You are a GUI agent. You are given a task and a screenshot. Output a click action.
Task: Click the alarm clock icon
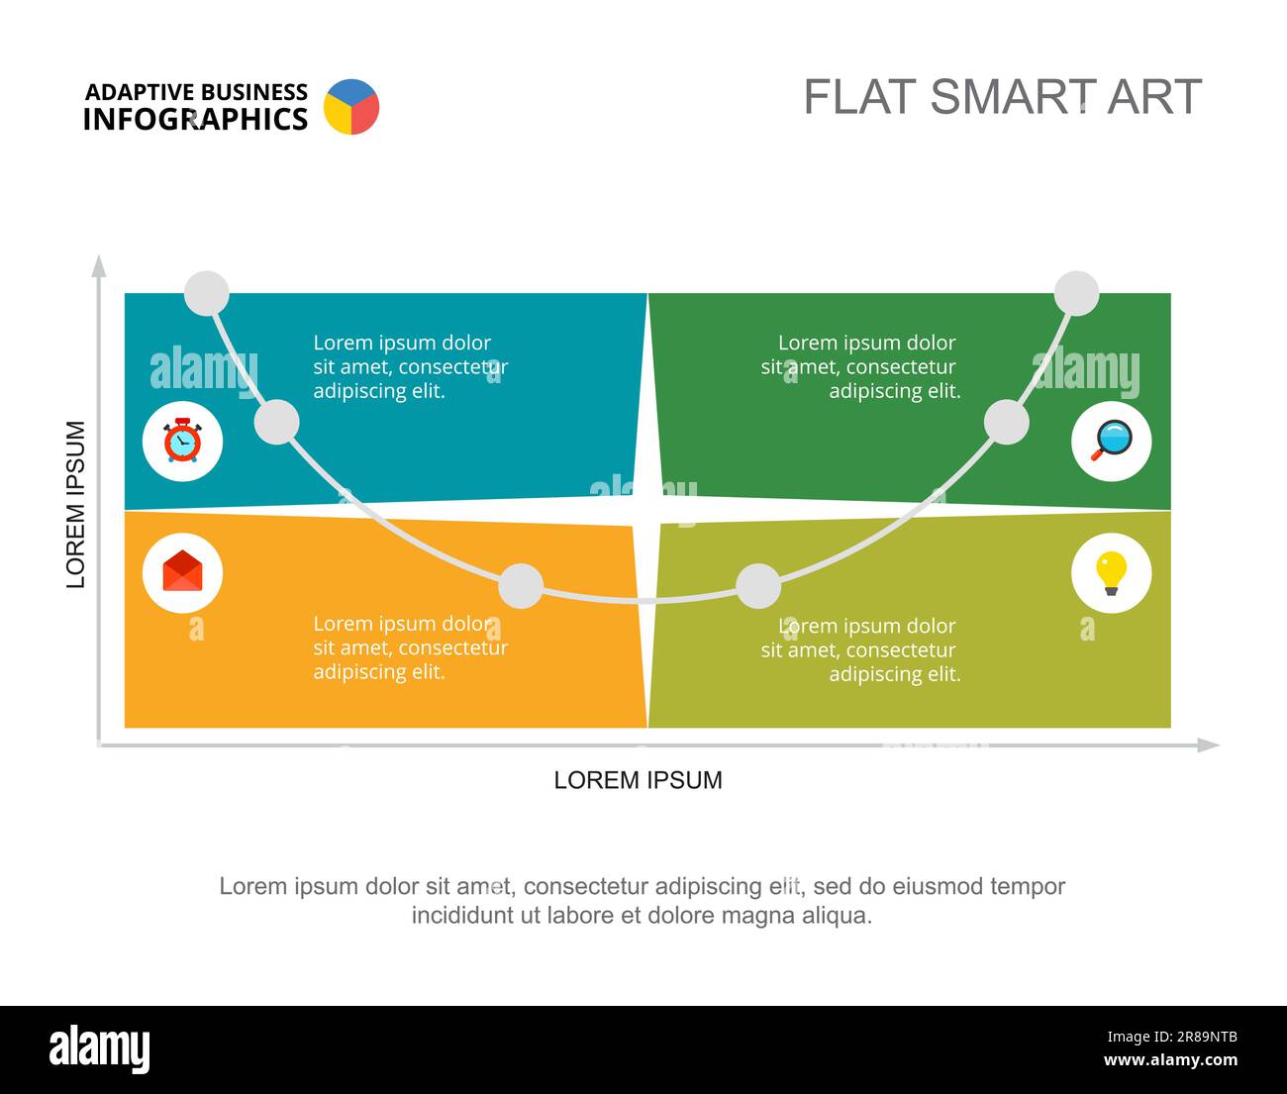[182, 441]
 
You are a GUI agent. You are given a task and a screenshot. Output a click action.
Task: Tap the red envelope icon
[182, 570]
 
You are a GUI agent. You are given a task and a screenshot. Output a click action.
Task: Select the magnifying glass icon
[1112, 441]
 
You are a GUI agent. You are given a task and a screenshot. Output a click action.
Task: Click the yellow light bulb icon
[1112, 573]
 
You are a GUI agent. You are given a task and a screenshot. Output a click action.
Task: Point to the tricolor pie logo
[351, 107]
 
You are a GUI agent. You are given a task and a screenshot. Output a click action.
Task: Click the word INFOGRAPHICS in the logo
[195, 119]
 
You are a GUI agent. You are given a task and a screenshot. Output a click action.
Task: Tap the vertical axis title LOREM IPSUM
[75, 504]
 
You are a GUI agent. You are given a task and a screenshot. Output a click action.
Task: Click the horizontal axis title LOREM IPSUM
[639, 780]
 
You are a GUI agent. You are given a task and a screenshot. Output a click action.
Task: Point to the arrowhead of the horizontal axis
[1209, 746]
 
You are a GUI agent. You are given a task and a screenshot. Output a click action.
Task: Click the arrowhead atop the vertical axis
[99, 266]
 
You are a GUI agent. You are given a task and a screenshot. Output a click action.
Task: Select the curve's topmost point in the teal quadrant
[207, 293]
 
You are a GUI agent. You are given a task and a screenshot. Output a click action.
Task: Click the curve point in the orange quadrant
[521, 586]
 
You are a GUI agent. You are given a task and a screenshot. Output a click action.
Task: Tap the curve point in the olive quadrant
[758, 586]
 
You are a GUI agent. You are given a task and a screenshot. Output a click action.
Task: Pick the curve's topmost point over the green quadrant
[1076, 293]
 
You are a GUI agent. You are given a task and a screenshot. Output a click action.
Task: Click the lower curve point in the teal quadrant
[276, 422]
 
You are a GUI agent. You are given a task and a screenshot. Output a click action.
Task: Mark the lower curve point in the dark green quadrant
[1006, 422]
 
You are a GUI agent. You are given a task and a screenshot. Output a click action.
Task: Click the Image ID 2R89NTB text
[1172, 1037]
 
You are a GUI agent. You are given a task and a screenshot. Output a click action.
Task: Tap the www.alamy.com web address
[1170, 1059]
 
